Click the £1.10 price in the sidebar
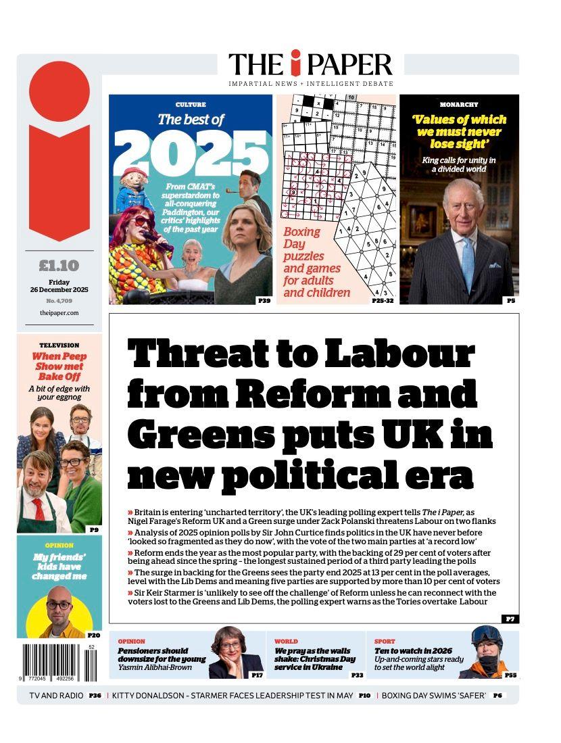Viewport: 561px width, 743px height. click(59, 266)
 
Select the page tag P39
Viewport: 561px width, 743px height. click(264, 300)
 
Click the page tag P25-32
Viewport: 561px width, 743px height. click(383, 300)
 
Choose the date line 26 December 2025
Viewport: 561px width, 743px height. click(59, 290)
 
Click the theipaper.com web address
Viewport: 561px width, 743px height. click(59, 313)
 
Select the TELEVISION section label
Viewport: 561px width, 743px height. click(59, 345)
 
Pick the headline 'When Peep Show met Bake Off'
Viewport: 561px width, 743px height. click(59, 366)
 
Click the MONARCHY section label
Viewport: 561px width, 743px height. click(459, 105)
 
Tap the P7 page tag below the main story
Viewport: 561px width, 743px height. click(510, 619)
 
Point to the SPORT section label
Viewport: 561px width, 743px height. click(385, 641)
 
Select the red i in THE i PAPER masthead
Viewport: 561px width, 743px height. click(295, 64)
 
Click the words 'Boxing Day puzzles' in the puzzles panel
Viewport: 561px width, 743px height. click(304, 244)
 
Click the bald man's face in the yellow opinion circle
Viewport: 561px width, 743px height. click(59, 606)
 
